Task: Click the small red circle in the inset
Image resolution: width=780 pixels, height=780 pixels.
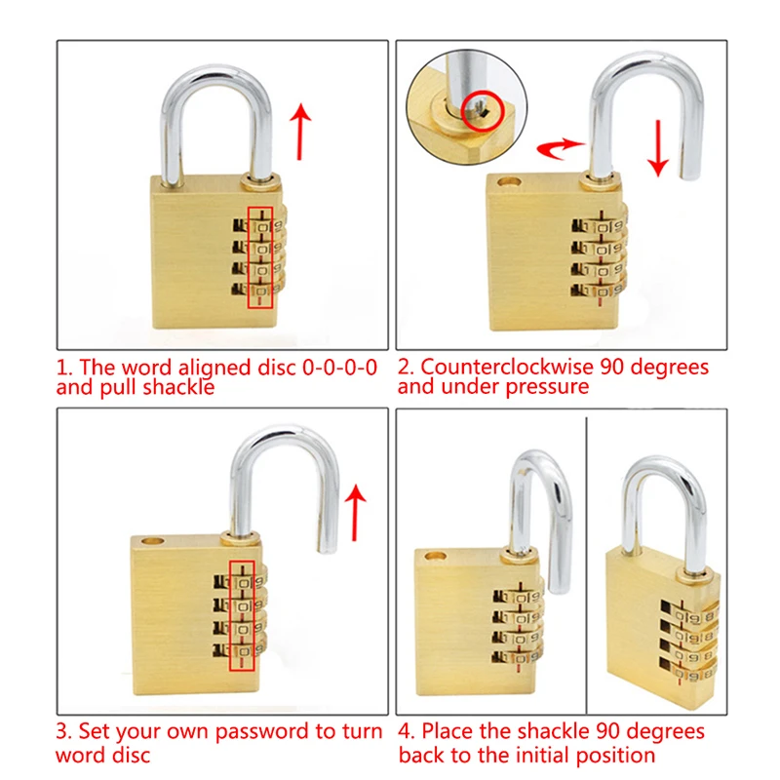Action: (483, 106)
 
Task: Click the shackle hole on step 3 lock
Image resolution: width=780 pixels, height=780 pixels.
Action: (153, 539)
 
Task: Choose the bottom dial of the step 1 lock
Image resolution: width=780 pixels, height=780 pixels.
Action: (261, 290)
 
